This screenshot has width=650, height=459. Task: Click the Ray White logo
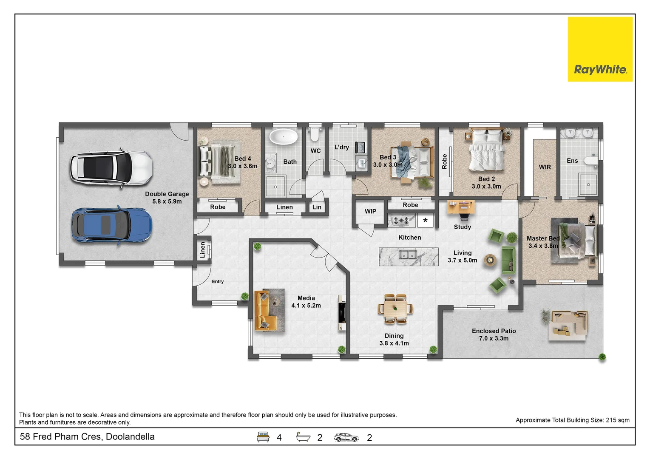[x=600, y=49]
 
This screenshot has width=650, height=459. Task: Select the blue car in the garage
[x=111, y=225]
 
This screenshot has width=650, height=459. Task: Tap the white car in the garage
[x=111, y=168]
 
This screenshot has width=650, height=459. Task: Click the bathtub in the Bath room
[x=284, y=137]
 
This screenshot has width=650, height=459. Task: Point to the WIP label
[x=370, y=211]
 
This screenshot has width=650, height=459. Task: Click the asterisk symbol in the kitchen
[x=425, y=221]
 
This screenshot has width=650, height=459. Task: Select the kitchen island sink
[x=408, y=255]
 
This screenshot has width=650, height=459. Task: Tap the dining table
[x=395, y=309]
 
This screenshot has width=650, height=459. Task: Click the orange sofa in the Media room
[x=262, y=310]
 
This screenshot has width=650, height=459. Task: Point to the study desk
[x=461, y=207]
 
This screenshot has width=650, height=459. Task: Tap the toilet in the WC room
[x=315, y=134]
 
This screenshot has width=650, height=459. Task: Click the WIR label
[x=545, y=167]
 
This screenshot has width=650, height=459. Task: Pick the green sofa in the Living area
[x=509, y=260]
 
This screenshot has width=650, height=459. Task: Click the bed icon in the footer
[x=263, y=437]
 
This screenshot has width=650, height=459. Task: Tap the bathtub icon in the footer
[x=303, y=437]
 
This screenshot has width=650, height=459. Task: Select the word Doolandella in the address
[x=130, y=436]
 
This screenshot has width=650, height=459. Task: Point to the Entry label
[x=218, y=281]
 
